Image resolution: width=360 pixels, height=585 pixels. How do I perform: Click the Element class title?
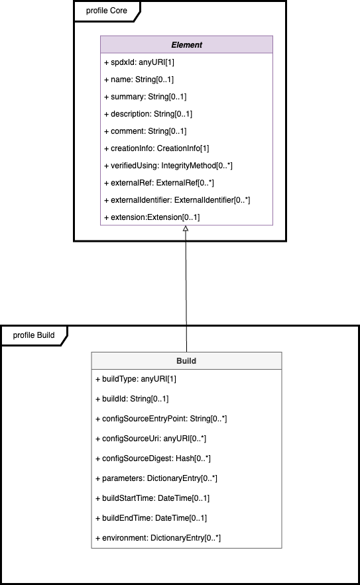[186, 45]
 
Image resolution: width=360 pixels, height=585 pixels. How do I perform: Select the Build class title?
[186, 361]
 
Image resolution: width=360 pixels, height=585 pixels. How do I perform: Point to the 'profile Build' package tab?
[34, 335]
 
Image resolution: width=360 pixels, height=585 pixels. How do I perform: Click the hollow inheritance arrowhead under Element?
[186, 229]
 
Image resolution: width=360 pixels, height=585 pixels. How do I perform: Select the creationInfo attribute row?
[156, 148]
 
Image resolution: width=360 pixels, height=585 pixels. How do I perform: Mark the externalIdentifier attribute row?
[176, 200]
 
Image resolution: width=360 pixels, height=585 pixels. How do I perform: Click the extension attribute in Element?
[152, 217]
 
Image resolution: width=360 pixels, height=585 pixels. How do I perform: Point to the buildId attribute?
[133, 399]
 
